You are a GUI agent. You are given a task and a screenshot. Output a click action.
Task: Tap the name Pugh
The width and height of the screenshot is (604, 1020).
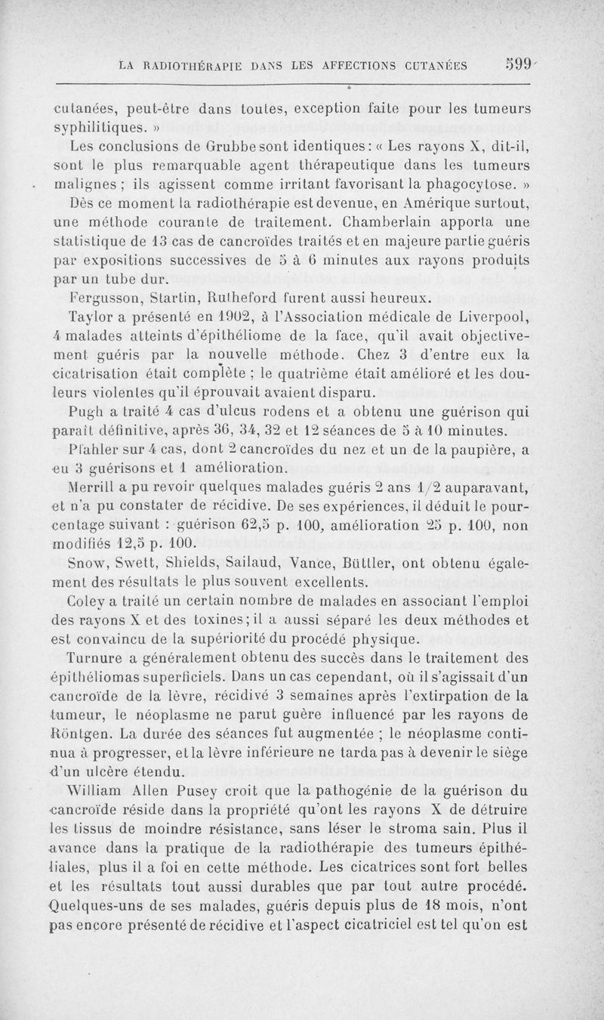pos(84,412)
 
